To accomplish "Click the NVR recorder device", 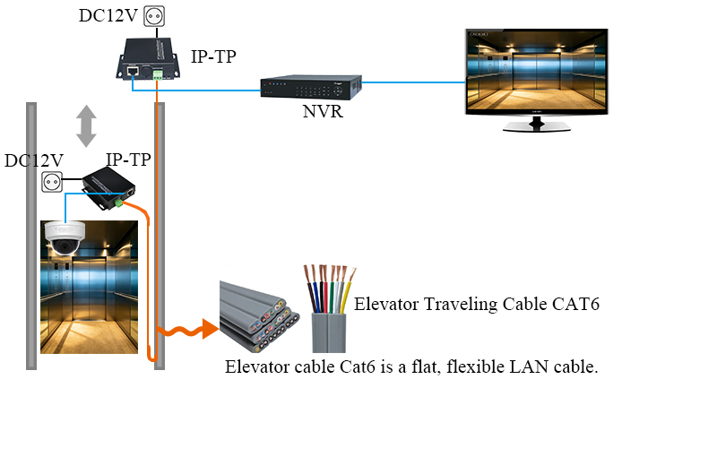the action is [311, 87].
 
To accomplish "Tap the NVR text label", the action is [323, 111].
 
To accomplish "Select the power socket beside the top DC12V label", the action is [154, 16].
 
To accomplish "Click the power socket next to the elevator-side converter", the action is [52, 182].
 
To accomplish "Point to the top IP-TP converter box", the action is [148, 59].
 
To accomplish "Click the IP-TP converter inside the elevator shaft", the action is [108, 188].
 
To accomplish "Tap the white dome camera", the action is [65, 237].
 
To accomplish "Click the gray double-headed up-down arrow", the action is [86, 126].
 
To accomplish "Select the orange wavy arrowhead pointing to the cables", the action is [210, 329].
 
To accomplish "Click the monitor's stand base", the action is [537, 126].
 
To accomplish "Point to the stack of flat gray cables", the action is [258, 316].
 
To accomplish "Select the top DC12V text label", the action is [108, 15].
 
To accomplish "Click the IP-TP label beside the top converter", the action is [213, 56].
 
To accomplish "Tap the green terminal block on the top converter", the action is [158, 74].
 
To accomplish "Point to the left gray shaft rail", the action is [31, 236].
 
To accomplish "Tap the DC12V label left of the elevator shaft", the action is [34, 161].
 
